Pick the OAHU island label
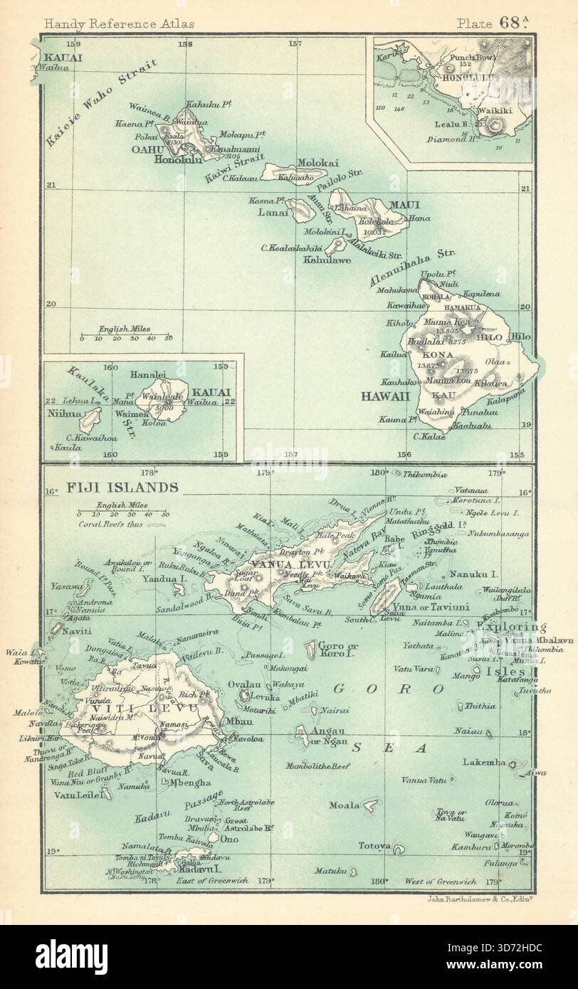coord(148,150)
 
